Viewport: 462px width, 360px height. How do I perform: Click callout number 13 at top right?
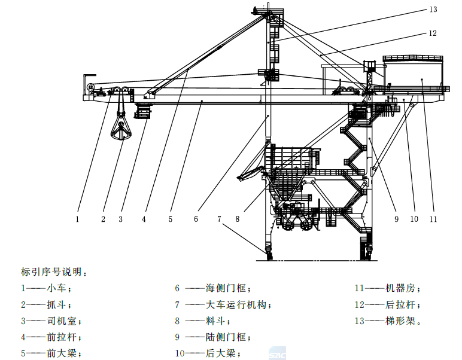coord(433,10)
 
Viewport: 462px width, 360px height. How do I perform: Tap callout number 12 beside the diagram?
coord(433,33)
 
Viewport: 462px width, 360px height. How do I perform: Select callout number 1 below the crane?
coord(77,219)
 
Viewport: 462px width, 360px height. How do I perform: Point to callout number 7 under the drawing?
coord(219,219)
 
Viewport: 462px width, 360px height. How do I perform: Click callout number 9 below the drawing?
coord(396,219)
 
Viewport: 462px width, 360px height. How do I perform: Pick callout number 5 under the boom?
coord(171,219)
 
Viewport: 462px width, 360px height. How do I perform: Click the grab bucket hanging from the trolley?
coord(121,130)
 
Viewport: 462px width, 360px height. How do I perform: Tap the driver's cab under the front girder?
coord(142,111)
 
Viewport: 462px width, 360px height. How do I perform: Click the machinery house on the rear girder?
coord(413,74)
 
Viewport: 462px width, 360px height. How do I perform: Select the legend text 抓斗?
coord(56,304)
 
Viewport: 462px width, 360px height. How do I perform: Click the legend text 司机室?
coord(62,321)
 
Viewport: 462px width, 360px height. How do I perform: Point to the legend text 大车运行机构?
coord(236,304)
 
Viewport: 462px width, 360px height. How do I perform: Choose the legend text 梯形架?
coord(400,321)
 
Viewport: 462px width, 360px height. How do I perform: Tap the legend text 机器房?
coord(400,288)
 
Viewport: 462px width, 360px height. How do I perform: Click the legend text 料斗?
coord(215,321)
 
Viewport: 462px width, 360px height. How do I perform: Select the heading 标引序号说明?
coord(51,271)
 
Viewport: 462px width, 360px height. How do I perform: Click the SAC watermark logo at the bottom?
coord(277,354)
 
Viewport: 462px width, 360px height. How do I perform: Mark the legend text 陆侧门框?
coord(226,337)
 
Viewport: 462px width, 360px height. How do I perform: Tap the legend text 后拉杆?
coord(400,304)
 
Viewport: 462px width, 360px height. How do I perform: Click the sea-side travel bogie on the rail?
coord(269,252)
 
